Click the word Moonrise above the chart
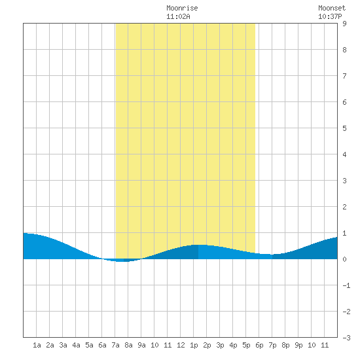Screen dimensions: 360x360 (182, 8)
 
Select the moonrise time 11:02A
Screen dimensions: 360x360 (178, 16)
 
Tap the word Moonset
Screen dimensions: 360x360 (332, 8)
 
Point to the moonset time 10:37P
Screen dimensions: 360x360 (330, 16)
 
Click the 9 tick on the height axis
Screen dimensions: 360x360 (344, 24)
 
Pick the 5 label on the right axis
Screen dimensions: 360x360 (344, 128)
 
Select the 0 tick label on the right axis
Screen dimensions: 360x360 (344, 259)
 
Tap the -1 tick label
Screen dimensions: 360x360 (346, 285)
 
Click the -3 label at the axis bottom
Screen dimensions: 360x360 (346, 338)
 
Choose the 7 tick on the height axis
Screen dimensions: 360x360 (344, 76)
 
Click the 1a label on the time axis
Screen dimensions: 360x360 (37, 345)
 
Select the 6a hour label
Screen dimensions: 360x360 (102, 345)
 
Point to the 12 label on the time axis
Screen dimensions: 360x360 (181, 345)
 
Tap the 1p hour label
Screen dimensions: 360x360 (194, 345)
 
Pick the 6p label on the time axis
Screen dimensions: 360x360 (259, 345)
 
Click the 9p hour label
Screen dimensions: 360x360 (298, 345)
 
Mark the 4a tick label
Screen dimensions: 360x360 (76, 345)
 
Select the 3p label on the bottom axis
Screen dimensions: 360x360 (220, 345)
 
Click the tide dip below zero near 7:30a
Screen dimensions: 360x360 (122, 261)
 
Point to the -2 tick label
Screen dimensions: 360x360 (346, 312)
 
